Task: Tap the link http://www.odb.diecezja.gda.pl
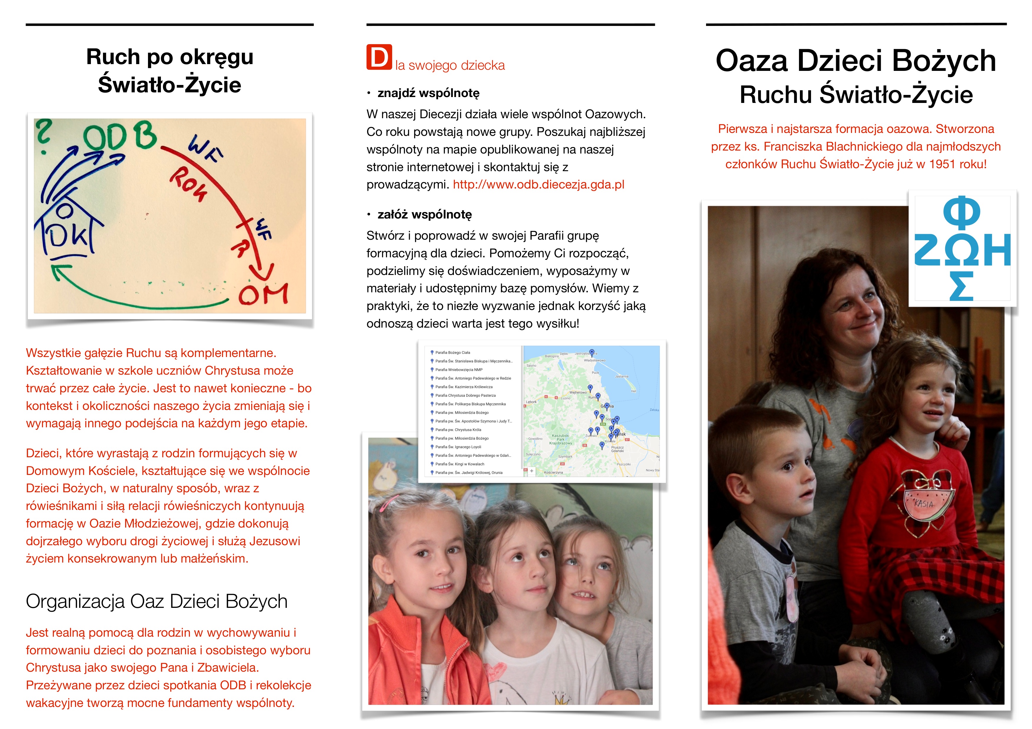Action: coord(538,185)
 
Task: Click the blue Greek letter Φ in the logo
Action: coord(962,212)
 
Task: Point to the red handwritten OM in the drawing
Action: coord(263,294)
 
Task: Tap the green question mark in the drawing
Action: coord(44,135)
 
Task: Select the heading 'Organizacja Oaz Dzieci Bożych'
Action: coord(157,601)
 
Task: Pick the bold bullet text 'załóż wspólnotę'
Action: coord(425,215)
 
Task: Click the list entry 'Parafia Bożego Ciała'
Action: coord(453,353)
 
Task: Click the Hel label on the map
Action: coord(634,391)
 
